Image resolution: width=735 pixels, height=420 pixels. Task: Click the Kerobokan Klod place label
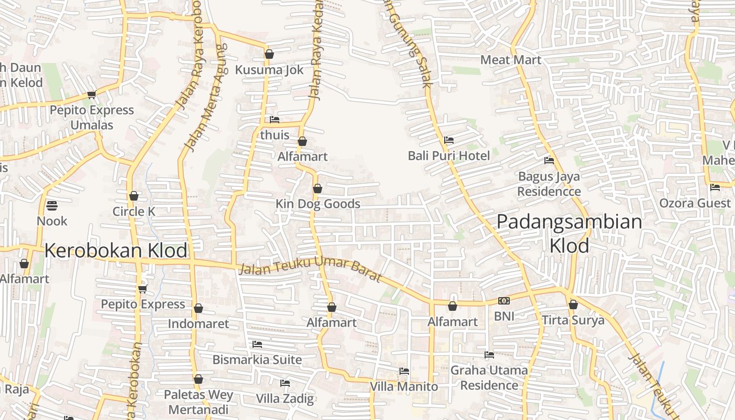click(x=115, y=250)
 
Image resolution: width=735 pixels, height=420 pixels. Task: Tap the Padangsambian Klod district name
click(x=569, y=233)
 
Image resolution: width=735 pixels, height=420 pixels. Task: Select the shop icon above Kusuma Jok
click(x=269, y=54)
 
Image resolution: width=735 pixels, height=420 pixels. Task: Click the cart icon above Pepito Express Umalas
click(x=92, y=94)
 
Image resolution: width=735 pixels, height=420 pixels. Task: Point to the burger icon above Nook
click(x=51, y=205)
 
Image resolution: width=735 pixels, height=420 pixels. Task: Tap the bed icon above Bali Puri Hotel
click(x=449, y=140)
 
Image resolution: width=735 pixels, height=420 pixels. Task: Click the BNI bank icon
click(x=504, y=301)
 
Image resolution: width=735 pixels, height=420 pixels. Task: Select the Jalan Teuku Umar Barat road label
click(x=310, y=269)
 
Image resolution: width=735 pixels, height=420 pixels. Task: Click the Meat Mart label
click(x=510, y=60)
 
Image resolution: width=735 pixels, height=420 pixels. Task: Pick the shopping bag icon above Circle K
click(x=134, y=196)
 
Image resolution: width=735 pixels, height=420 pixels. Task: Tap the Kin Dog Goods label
click(x=318, y=204)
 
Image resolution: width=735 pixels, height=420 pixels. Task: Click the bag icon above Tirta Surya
click(x=573, y=304)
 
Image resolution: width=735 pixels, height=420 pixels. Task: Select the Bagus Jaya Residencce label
click(x=549, y=184)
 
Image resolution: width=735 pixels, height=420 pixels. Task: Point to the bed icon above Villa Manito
click(x=404, y=371)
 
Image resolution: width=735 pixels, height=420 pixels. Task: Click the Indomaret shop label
click(x=198, y=323)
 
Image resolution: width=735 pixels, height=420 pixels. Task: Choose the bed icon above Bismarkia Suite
click(x=257, y=344)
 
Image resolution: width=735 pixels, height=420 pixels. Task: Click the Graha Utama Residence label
click(x=489, y=377)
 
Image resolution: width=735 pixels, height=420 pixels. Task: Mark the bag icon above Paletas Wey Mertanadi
click(x=198, y=379)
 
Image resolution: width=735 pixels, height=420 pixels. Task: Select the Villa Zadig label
click(x=285, y=398)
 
